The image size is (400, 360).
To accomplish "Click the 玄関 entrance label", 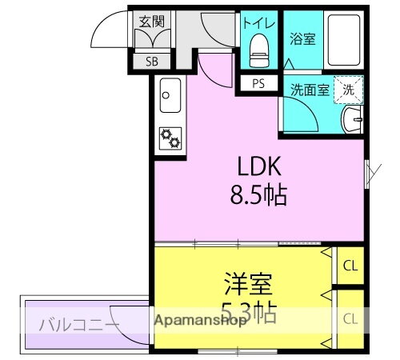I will (x=150, y=22).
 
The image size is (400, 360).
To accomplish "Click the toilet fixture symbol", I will (x=258, y=50).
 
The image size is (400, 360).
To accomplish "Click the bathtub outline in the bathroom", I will (x=345, y=40).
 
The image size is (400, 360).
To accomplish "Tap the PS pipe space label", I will (x=258, y=83).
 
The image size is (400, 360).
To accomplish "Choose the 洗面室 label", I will (x=308, y=90).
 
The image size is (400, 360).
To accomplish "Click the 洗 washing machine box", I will (x=348, y=90).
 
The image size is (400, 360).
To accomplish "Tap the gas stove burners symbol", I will (x=170, y=139).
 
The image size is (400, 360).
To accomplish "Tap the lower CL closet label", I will (x=350, y=318).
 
